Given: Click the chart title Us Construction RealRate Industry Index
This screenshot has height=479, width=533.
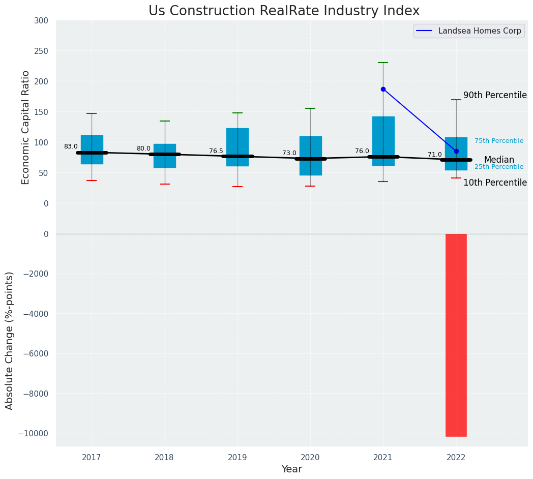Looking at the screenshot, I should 284,11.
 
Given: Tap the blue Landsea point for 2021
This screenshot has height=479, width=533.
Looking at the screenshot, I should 383,89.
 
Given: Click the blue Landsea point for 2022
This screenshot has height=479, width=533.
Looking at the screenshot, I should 456,151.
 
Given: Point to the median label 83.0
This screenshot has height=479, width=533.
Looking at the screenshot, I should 71,146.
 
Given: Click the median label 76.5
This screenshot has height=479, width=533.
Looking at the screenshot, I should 216,151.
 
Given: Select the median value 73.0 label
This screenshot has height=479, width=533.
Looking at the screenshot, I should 289,153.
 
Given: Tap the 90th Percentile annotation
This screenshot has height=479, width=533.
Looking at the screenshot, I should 495,95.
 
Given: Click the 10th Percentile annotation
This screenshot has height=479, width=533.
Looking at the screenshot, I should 495,183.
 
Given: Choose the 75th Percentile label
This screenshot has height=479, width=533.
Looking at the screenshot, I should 499,141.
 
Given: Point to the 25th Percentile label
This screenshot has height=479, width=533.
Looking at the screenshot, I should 499,167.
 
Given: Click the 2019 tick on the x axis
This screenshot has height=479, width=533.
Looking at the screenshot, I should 238,457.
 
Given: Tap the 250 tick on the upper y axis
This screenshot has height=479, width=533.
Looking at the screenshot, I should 41,51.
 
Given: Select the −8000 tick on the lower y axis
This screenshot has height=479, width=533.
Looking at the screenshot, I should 32,394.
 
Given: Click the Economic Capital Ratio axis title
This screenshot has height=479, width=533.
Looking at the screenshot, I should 26,127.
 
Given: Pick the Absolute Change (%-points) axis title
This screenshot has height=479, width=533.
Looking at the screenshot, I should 10,340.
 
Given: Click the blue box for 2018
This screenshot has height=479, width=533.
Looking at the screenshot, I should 164,156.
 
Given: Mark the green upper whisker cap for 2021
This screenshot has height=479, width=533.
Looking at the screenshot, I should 383,63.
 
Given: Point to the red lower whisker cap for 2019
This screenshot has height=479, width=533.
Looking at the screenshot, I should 238,187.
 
